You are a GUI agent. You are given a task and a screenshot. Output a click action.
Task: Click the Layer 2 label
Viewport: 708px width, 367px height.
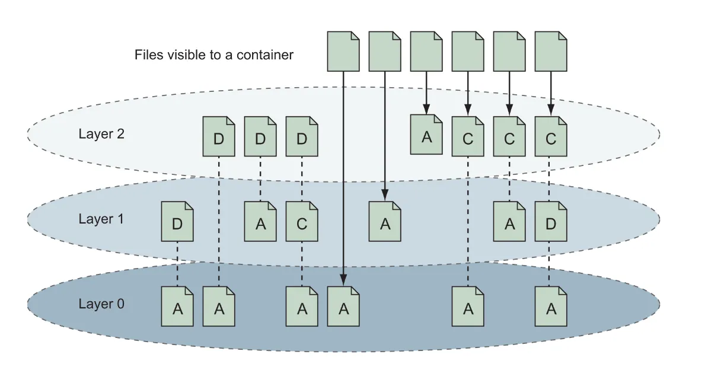[101, 133]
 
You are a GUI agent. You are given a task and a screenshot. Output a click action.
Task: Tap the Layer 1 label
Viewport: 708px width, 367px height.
[101, 219]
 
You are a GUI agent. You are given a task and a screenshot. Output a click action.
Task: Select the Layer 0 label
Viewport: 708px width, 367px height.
[101, 304]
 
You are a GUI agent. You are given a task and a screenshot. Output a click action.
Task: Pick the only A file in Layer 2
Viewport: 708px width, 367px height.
[426, 135]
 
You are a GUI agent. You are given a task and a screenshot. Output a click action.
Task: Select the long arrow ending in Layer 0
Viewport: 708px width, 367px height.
[343, 178]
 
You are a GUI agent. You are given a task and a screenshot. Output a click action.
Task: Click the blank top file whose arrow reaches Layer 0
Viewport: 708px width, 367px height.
[343, 51]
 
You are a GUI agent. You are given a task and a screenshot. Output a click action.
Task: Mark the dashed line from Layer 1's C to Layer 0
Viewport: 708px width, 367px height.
[302, 264]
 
